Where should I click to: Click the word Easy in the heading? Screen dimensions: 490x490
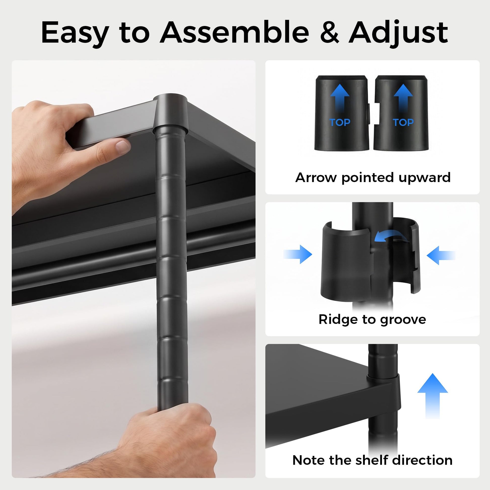[75, 33]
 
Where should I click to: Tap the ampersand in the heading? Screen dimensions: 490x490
[329, 32]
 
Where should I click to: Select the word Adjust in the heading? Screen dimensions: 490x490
[398, 33]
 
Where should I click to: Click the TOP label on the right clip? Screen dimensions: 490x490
[403, 122]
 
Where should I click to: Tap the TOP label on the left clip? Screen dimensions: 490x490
[340, 122]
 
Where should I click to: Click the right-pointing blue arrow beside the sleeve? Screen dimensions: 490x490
[298, 254]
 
